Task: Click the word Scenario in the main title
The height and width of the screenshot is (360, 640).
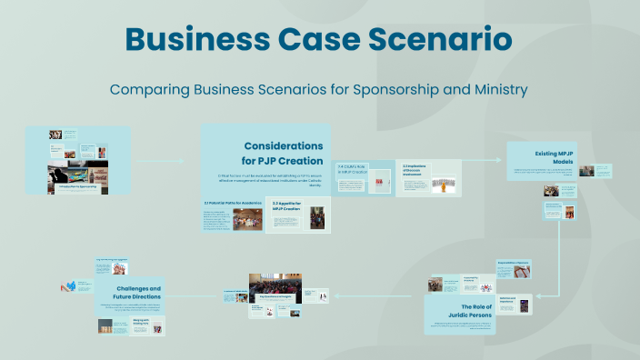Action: point(435,39)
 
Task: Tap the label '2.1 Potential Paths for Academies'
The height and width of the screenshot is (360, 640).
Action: point(232,202)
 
